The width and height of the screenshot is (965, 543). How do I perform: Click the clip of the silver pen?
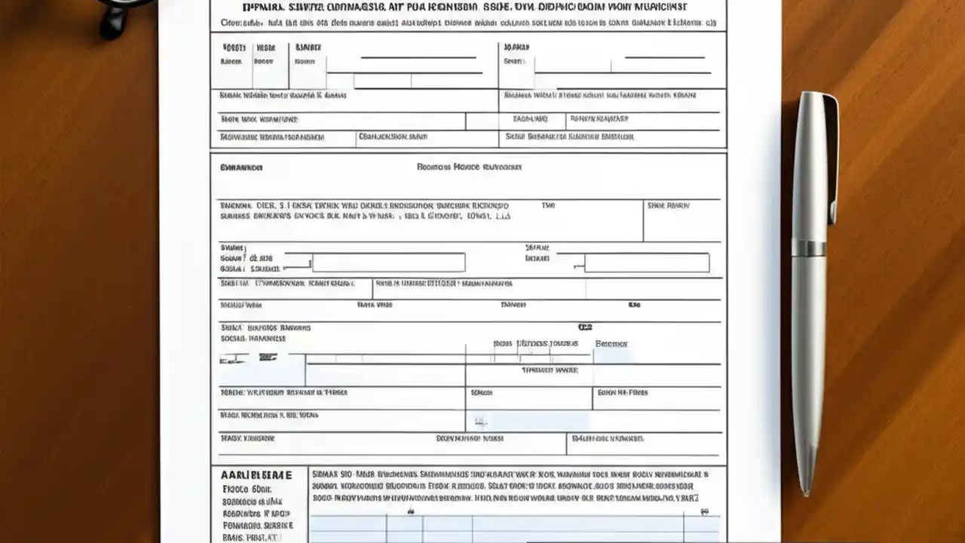point(831,158)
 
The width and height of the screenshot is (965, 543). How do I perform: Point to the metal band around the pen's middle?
point(808,248)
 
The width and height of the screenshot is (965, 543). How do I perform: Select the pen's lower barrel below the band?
point(807,362)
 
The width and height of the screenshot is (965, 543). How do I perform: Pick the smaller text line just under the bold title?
point(467,23)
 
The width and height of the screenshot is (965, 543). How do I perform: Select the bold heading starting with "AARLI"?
point(256,476)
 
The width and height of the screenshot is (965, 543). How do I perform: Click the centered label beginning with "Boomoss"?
point(469,167)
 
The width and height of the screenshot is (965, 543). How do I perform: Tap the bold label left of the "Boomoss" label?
point(241,167)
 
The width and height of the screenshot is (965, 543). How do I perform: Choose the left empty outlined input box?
point(388,262)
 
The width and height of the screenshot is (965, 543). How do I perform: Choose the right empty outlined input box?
point(647,262)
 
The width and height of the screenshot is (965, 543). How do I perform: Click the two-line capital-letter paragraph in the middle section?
point(365,210)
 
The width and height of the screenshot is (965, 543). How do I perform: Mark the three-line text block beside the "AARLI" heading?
point(510,486)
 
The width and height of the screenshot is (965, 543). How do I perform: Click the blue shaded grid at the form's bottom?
point(513,528)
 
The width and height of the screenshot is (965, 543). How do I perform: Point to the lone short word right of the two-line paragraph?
point(548,205)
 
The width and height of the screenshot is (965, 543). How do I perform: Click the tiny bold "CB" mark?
point(584,327)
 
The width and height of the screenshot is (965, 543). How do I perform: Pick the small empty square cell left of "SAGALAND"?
point(482,121)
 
